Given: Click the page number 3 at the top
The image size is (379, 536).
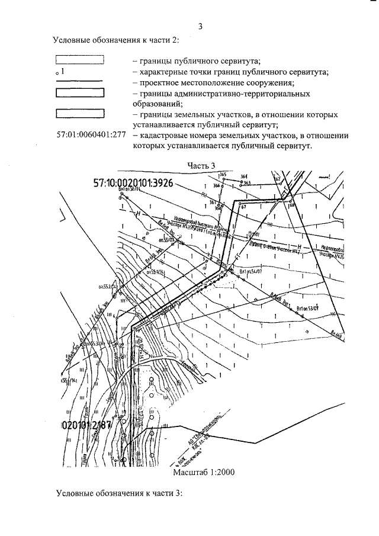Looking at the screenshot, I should click(200, 27).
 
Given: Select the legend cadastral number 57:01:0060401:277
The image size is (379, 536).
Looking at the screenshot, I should click(91, 134).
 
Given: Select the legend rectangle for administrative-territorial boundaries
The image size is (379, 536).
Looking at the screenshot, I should click(80, 92).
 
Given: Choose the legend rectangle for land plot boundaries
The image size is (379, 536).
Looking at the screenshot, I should click(80, 113).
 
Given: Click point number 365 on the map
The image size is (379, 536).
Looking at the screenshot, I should click(223, 175).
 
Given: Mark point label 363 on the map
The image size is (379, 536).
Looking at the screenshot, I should click(247, 182).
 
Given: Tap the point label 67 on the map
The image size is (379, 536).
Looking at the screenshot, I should click(243, 207).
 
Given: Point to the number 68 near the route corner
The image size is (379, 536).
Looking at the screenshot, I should click(291, 206).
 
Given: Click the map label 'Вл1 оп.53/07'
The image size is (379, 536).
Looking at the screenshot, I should click(308, 308).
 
